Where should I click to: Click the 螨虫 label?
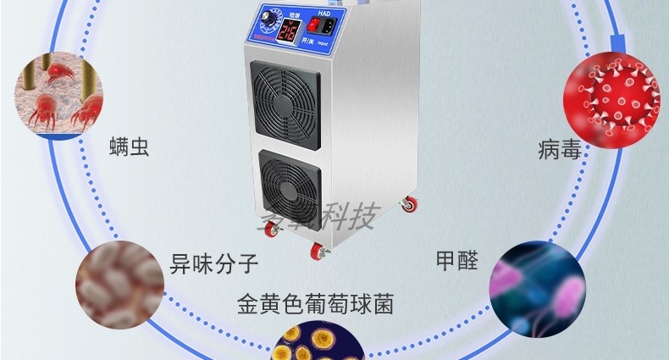[129, 147]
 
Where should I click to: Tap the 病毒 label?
[560, 150]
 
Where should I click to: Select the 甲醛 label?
[456, 260]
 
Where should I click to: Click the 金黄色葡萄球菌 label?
[316, 302]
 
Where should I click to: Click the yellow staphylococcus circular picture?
[317, 343]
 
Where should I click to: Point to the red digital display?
[289, 34]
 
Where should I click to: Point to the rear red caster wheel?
[409, 205]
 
